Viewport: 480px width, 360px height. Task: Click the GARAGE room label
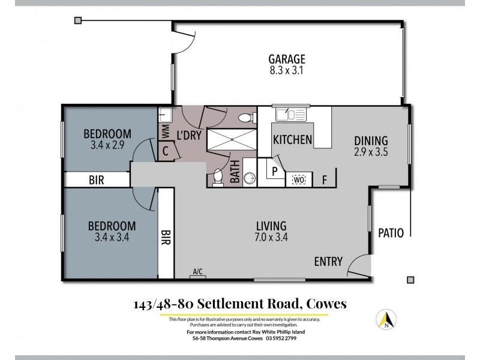click(287, 59)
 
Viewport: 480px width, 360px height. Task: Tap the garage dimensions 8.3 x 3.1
click(287, 70)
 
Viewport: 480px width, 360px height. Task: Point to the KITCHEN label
click(292, 140)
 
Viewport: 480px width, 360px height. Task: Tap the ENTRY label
click(328, 262)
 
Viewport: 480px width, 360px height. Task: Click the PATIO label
click(391, 233)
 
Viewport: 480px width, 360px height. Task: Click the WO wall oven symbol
click(298, 179)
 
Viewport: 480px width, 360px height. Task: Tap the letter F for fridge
click(324, 179)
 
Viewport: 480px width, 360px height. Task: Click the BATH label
click(235, 172)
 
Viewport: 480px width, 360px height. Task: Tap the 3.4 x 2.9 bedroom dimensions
click(107, 145)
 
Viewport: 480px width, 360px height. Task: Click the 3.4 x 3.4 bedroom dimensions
click(112, 238)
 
